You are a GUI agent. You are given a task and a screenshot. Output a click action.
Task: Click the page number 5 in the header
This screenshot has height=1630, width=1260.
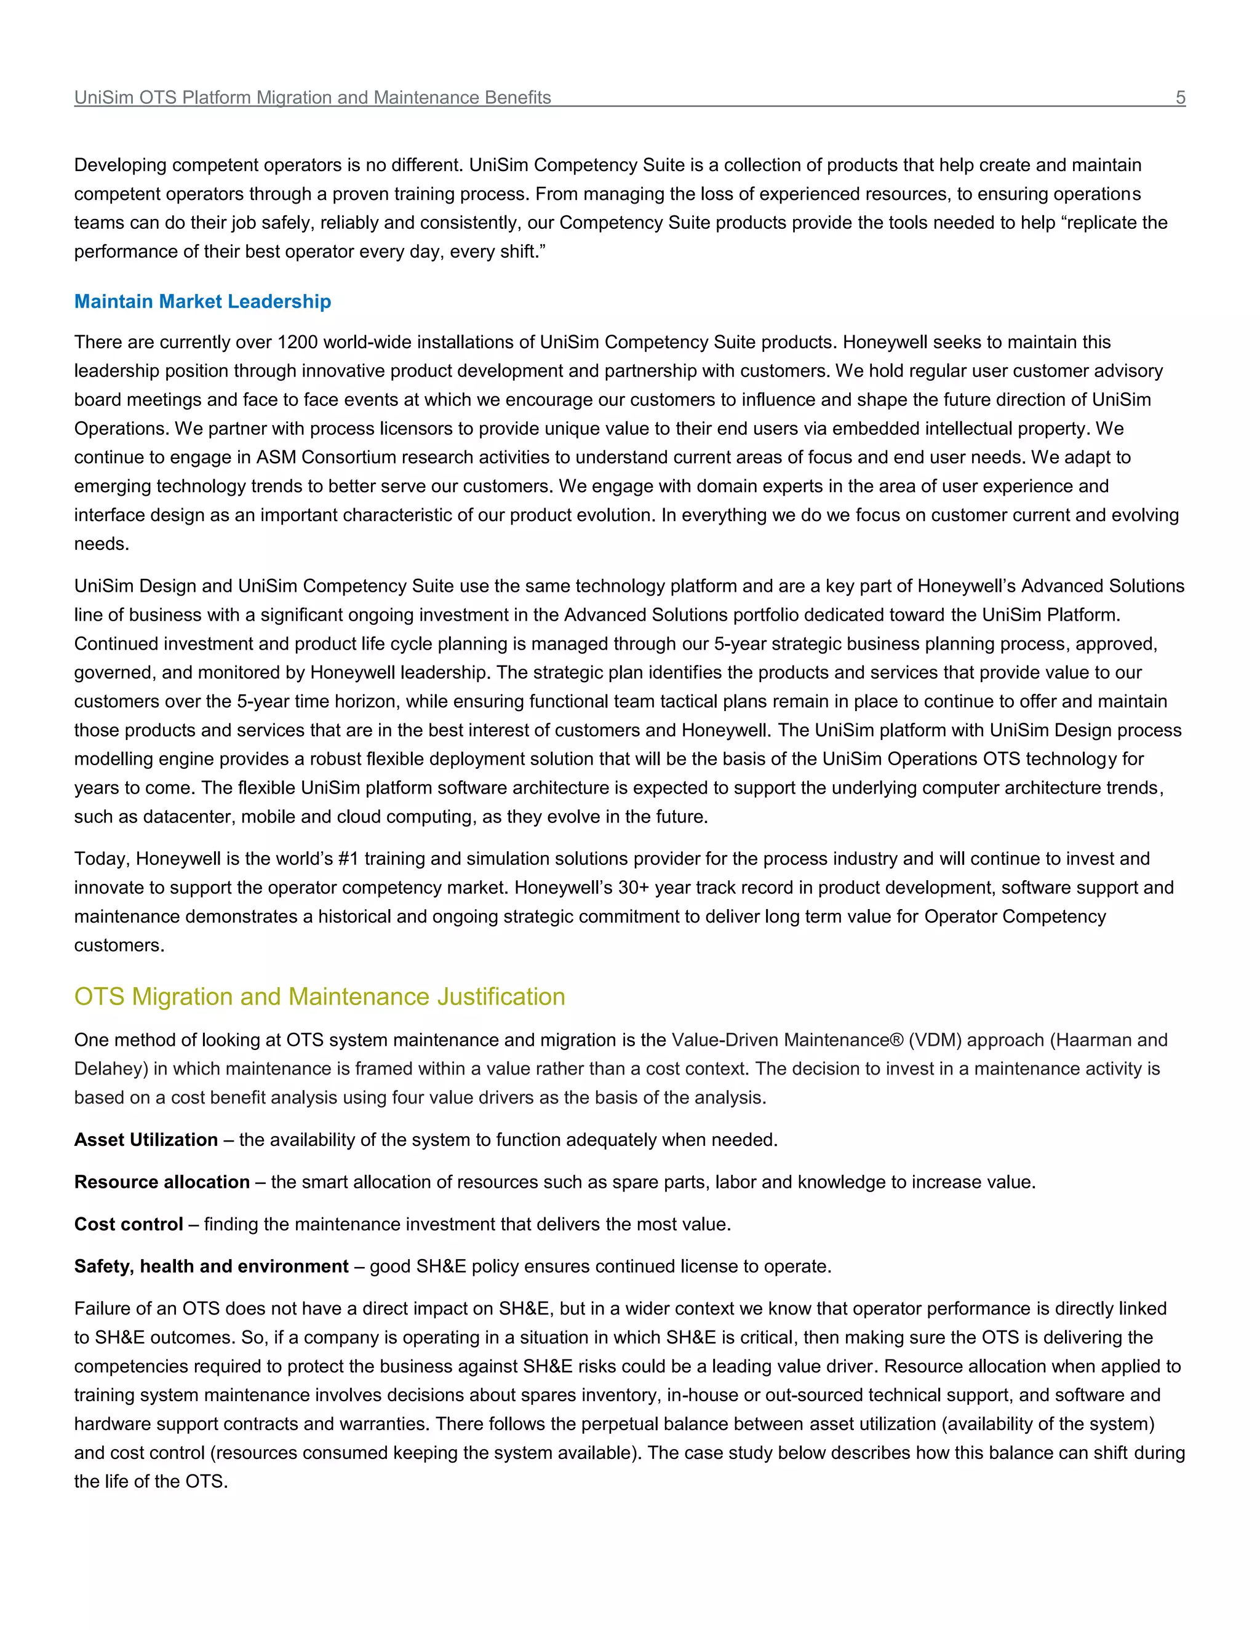(x=1180, y=98)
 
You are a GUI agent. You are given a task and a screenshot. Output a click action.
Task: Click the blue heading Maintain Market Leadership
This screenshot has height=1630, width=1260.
(x=202, y=301)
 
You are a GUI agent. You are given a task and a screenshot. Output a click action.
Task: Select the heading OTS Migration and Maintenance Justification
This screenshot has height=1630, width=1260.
(x=319, y=996)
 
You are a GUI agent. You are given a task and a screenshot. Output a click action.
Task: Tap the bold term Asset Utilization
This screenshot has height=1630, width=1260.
(x=146, y=1140)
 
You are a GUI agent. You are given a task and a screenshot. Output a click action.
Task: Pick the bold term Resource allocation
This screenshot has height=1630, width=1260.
(x=162, y=1182)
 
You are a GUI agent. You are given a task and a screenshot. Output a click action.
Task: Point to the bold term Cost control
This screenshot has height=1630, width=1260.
(x=129, y=1224)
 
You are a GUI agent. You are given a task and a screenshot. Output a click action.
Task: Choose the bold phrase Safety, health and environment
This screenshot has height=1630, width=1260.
(x=211, y=1266)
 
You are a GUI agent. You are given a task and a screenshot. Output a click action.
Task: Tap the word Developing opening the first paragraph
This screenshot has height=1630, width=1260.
(x=120, y=165)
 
